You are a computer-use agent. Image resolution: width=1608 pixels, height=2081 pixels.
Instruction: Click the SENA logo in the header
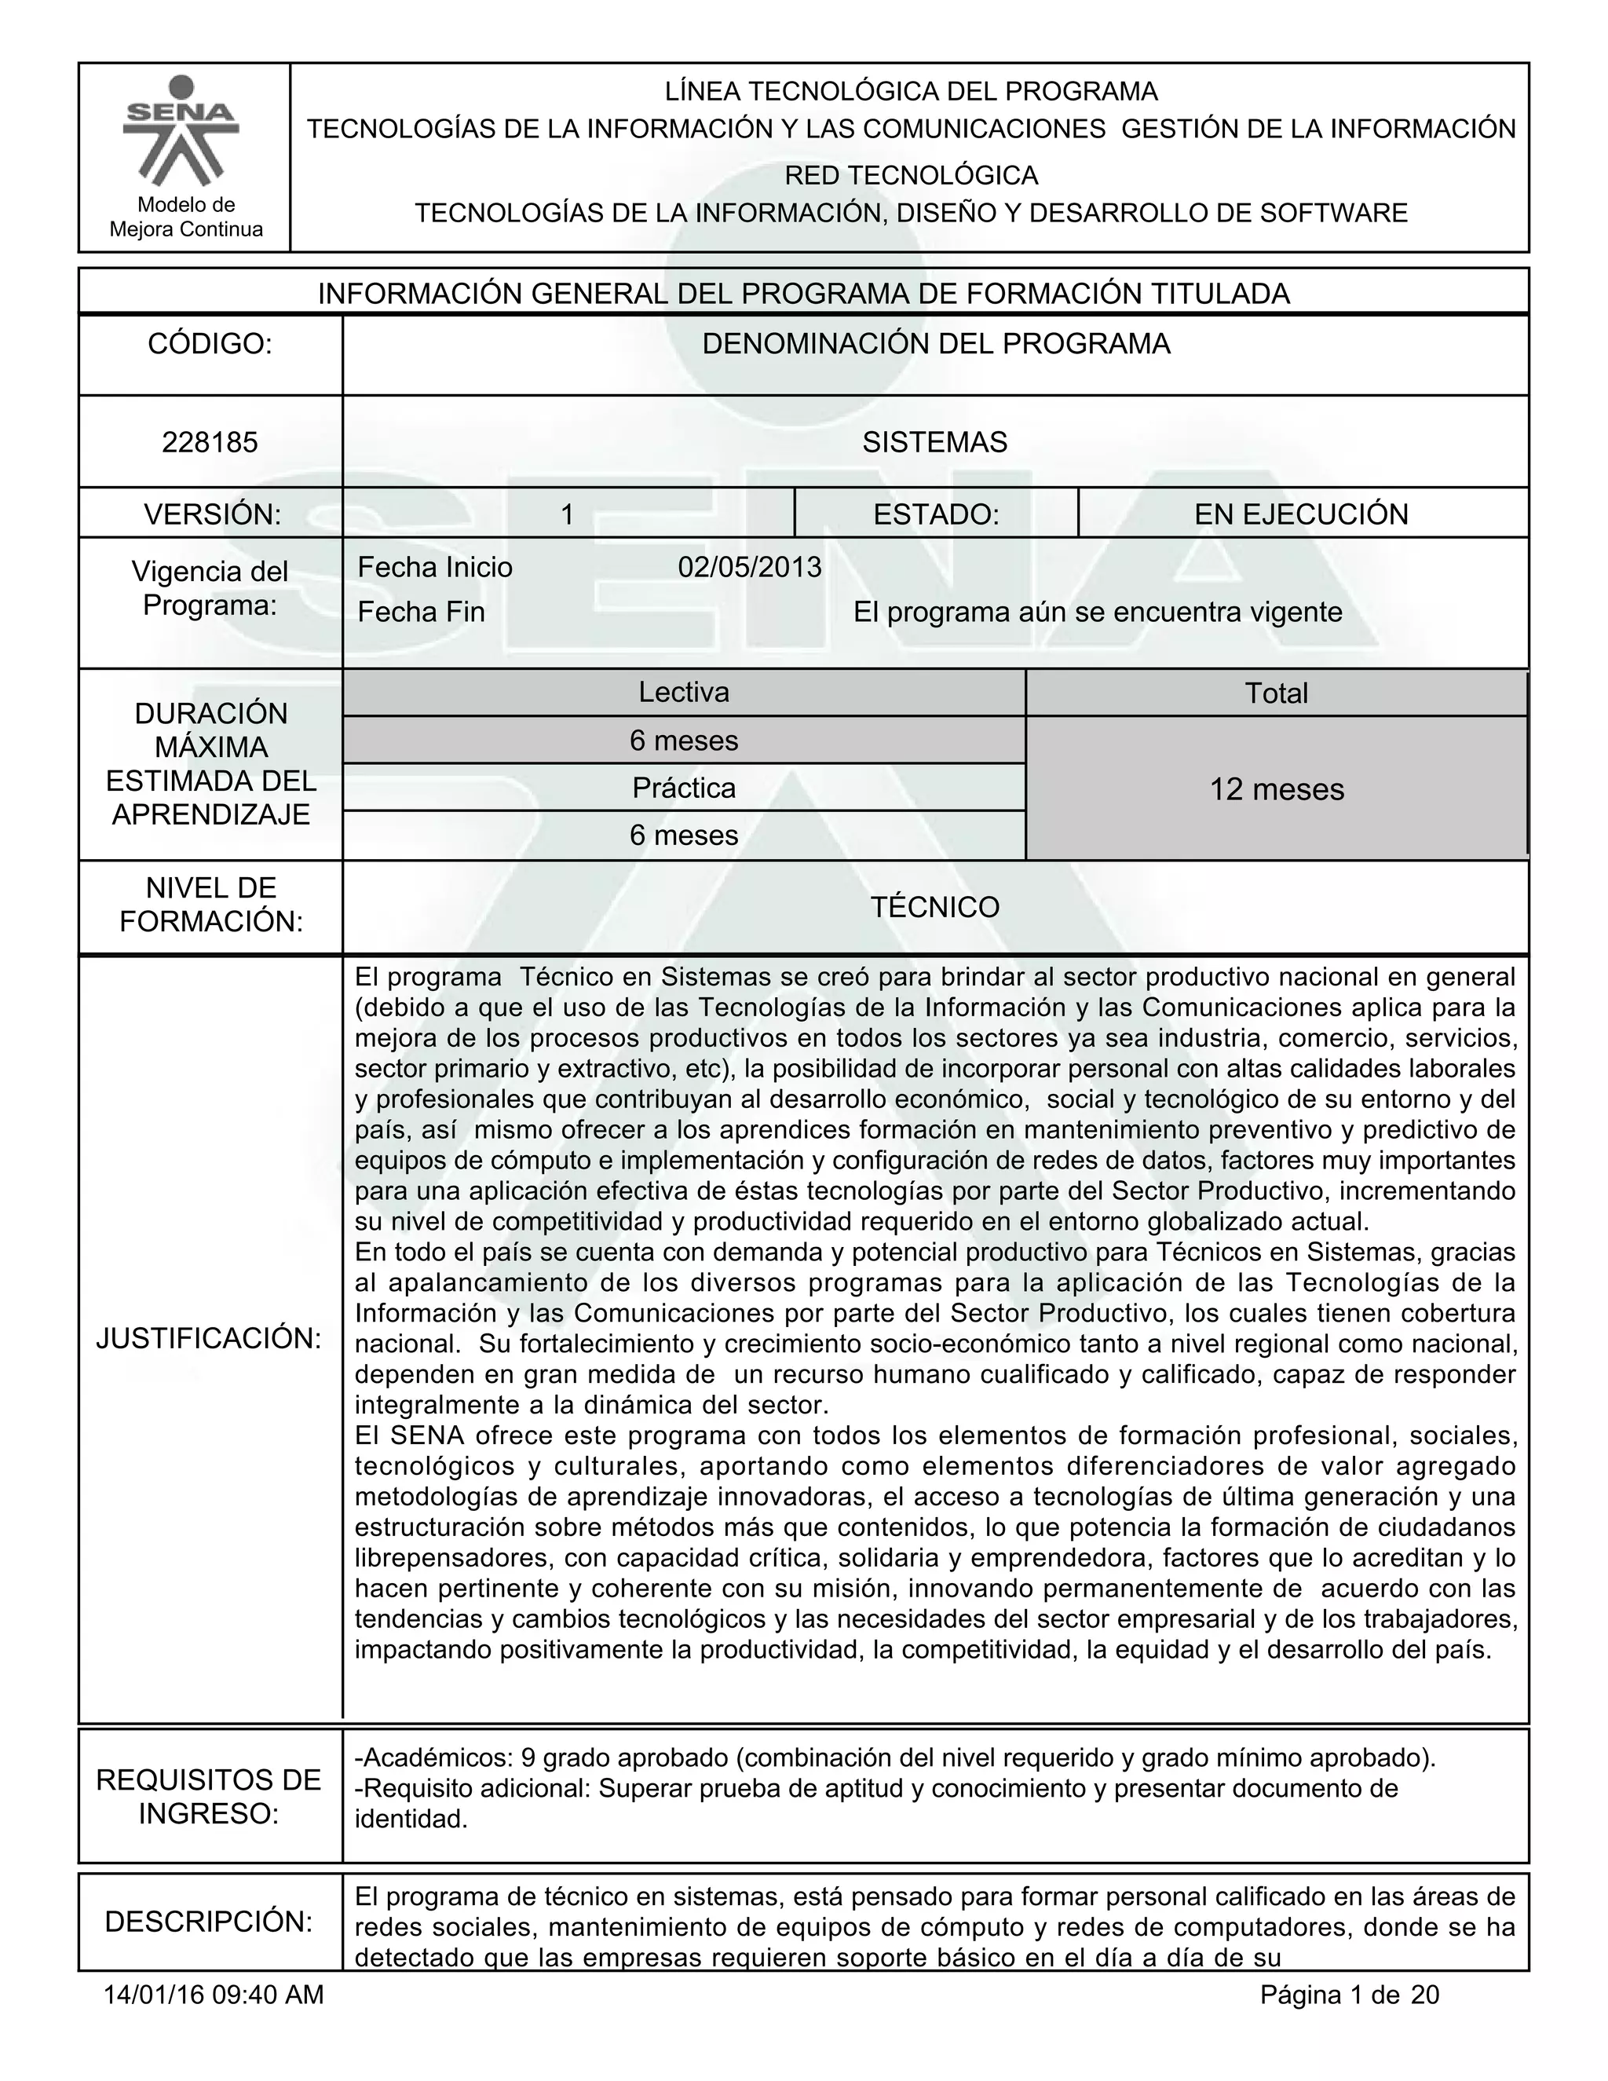click(182, 130)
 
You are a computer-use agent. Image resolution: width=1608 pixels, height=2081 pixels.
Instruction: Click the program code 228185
click(210, 442)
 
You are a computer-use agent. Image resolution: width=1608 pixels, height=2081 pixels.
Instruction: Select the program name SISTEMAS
click(934, 442)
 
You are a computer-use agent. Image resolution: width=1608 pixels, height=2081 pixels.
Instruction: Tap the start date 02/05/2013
click(750, 567)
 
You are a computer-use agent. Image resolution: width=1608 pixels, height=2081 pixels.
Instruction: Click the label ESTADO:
click(935, 514)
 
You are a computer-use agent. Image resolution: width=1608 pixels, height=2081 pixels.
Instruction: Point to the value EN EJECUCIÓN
click(1301, 514)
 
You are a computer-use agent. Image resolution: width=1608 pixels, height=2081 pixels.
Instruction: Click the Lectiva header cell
click(684, 692)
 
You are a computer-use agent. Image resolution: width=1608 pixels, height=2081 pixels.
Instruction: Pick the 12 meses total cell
click(1277, 789)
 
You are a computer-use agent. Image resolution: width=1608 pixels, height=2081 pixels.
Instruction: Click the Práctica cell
click(684, 788)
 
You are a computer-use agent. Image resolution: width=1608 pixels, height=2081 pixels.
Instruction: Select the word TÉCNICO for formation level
click(934, 906)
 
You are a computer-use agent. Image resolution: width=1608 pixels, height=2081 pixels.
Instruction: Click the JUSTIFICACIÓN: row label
click(209, 1338)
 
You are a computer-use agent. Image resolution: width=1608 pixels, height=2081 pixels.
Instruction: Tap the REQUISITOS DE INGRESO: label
click(209, 1796)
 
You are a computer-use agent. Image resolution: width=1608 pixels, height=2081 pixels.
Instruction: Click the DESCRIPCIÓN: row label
click(209, 1922)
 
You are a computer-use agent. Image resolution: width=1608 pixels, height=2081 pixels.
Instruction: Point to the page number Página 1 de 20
click(1349, 1995)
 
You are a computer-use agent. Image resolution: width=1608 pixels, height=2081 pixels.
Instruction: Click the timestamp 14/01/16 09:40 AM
click(214, 1995)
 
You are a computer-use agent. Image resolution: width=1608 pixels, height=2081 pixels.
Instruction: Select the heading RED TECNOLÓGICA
click(911, 175)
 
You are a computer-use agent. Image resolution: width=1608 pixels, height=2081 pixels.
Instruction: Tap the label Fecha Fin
click(421, 612)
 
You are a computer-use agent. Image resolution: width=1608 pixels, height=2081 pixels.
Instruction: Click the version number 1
click(566, 514)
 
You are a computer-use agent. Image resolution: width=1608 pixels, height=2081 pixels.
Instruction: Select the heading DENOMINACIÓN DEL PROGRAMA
click(935, 344)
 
